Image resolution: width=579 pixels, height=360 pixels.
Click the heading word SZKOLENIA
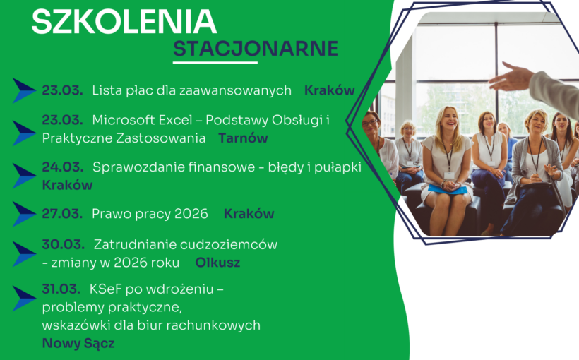click(124, 21)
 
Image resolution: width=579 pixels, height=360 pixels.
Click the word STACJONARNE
click(256, 49)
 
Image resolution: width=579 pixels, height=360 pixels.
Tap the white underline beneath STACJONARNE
click(215, 63)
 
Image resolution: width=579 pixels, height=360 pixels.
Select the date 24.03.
click(62, 167)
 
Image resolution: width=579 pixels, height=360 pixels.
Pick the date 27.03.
click(62, 214)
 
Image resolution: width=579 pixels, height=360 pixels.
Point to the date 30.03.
click(62, 245)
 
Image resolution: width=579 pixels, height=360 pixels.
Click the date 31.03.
click(62, 289)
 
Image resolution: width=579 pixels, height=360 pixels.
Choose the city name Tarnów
click(243, 138)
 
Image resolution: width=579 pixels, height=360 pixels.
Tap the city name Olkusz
click(217, 263)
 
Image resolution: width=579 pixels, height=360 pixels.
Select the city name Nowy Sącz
click(78, 344)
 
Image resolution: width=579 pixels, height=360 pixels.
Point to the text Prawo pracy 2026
click(150, 214)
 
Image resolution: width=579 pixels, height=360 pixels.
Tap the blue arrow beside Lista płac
click(24, 91)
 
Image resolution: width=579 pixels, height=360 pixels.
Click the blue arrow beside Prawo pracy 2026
click(24, 214)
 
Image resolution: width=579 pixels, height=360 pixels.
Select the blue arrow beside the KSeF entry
click(24, 299)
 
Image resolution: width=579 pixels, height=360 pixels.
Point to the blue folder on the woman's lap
click(448, 189)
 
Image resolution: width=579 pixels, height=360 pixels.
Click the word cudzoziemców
click(237, 245)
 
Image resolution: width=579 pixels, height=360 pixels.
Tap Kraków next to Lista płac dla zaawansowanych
click(329, 90)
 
